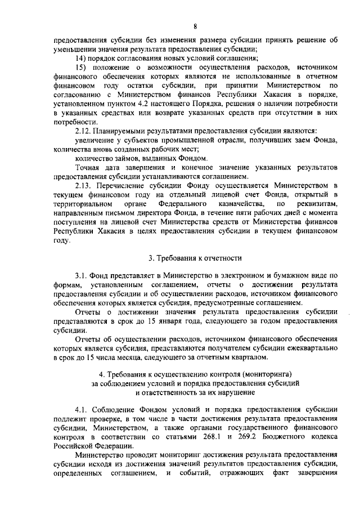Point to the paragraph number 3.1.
(x=82, y=275)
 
